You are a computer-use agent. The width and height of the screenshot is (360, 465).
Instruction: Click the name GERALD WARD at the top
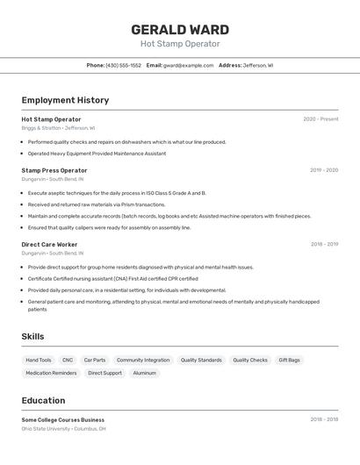(180, 30)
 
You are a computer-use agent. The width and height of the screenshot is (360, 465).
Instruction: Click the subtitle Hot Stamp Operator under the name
(180, 44)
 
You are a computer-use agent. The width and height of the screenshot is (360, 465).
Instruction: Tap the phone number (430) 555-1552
(123, 65)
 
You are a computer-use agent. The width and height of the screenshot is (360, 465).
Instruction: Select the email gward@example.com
(188, 65)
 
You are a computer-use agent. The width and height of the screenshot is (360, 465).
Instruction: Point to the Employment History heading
(65, 100)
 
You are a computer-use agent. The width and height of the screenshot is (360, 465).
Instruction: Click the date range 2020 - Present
(320, 119)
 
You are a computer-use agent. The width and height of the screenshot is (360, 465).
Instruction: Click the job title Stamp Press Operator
(54, 170)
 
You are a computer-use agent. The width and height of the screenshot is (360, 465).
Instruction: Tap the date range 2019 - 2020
(324, 170)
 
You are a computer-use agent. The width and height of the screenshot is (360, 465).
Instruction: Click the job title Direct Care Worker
(49, 245)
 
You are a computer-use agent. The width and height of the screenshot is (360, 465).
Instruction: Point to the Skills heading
(32, 336)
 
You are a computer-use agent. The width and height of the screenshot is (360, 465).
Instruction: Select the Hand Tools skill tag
(39, 360)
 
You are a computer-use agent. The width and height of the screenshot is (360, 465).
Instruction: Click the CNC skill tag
(68, 360)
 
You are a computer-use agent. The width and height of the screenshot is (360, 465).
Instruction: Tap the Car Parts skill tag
(95, 360)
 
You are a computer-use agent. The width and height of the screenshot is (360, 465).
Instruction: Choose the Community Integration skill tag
(143, 360)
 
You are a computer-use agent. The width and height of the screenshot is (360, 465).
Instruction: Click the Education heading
(43, 400)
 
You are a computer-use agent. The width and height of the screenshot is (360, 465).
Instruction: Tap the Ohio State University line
(63, 429)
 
